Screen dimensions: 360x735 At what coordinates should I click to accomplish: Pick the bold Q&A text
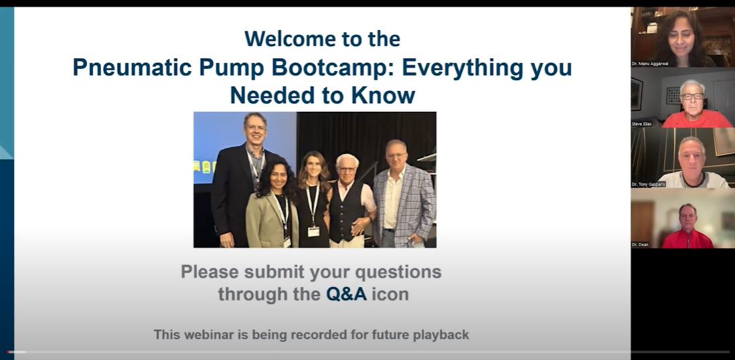tap(346, 294)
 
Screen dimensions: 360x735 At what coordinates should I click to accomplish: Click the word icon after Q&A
tap(390, 294)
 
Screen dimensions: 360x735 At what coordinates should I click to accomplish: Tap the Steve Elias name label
tap(641, 124)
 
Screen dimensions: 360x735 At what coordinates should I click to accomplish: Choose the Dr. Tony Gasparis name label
tap(648, 184)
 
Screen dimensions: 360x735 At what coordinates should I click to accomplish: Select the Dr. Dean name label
tap(640, 244)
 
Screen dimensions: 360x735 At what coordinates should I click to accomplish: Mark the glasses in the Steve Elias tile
tap(692, 96)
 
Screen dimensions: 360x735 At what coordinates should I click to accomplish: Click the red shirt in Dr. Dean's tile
tap(687, 238)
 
